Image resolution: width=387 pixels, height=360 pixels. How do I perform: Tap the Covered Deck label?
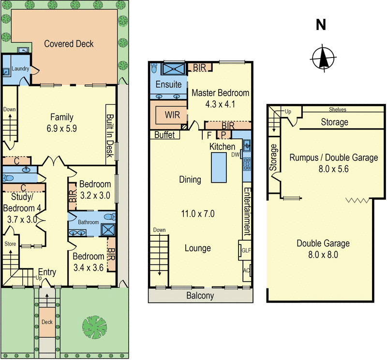click(x=69, y=44)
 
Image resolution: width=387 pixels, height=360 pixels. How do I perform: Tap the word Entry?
click(x=47, y=272)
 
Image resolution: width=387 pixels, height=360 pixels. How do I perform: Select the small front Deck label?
click(x=46, y=322)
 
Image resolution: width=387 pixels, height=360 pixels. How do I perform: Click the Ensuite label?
click(x=169, y=85)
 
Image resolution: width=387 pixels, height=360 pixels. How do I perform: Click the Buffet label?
click(x=164, y=135)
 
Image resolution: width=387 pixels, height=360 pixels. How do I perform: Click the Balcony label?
click(x=200, y=296)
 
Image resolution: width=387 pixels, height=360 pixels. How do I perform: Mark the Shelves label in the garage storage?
click(x=337, y=110)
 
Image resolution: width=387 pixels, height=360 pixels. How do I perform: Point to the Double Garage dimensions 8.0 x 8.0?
click(x=323, y=255)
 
